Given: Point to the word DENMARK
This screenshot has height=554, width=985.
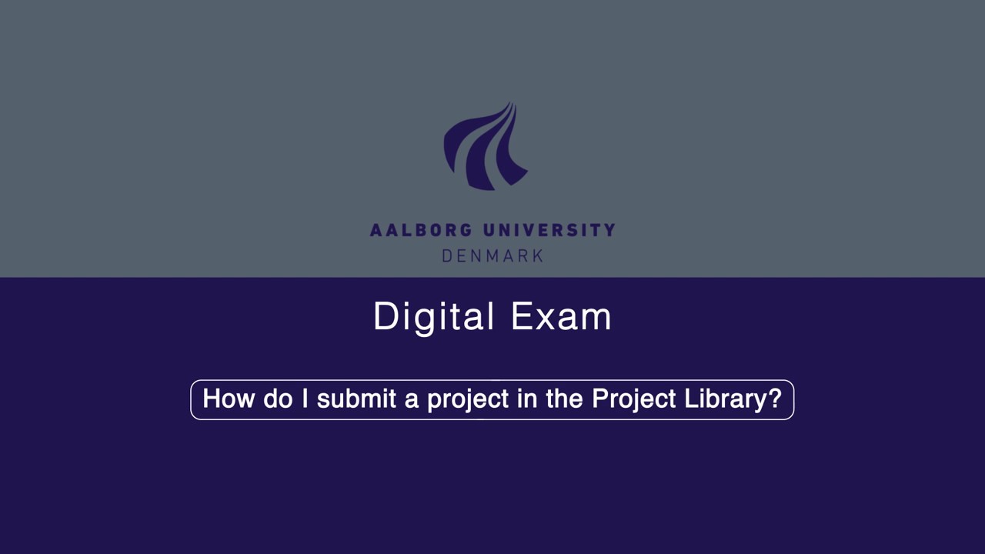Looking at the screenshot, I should (492, 255).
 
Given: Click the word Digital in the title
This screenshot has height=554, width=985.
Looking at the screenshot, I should (433, 317).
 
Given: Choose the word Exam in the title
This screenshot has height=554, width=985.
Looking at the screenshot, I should (561, 317).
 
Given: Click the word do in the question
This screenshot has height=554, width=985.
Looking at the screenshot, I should (278, 399).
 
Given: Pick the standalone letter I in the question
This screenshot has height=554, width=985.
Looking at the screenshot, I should (305, 399).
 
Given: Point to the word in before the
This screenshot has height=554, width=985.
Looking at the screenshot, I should (527, 399).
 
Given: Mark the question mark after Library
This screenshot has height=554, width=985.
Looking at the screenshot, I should (775, 399).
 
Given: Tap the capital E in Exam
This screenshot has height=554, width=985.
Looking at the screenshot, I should (520, 317).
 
